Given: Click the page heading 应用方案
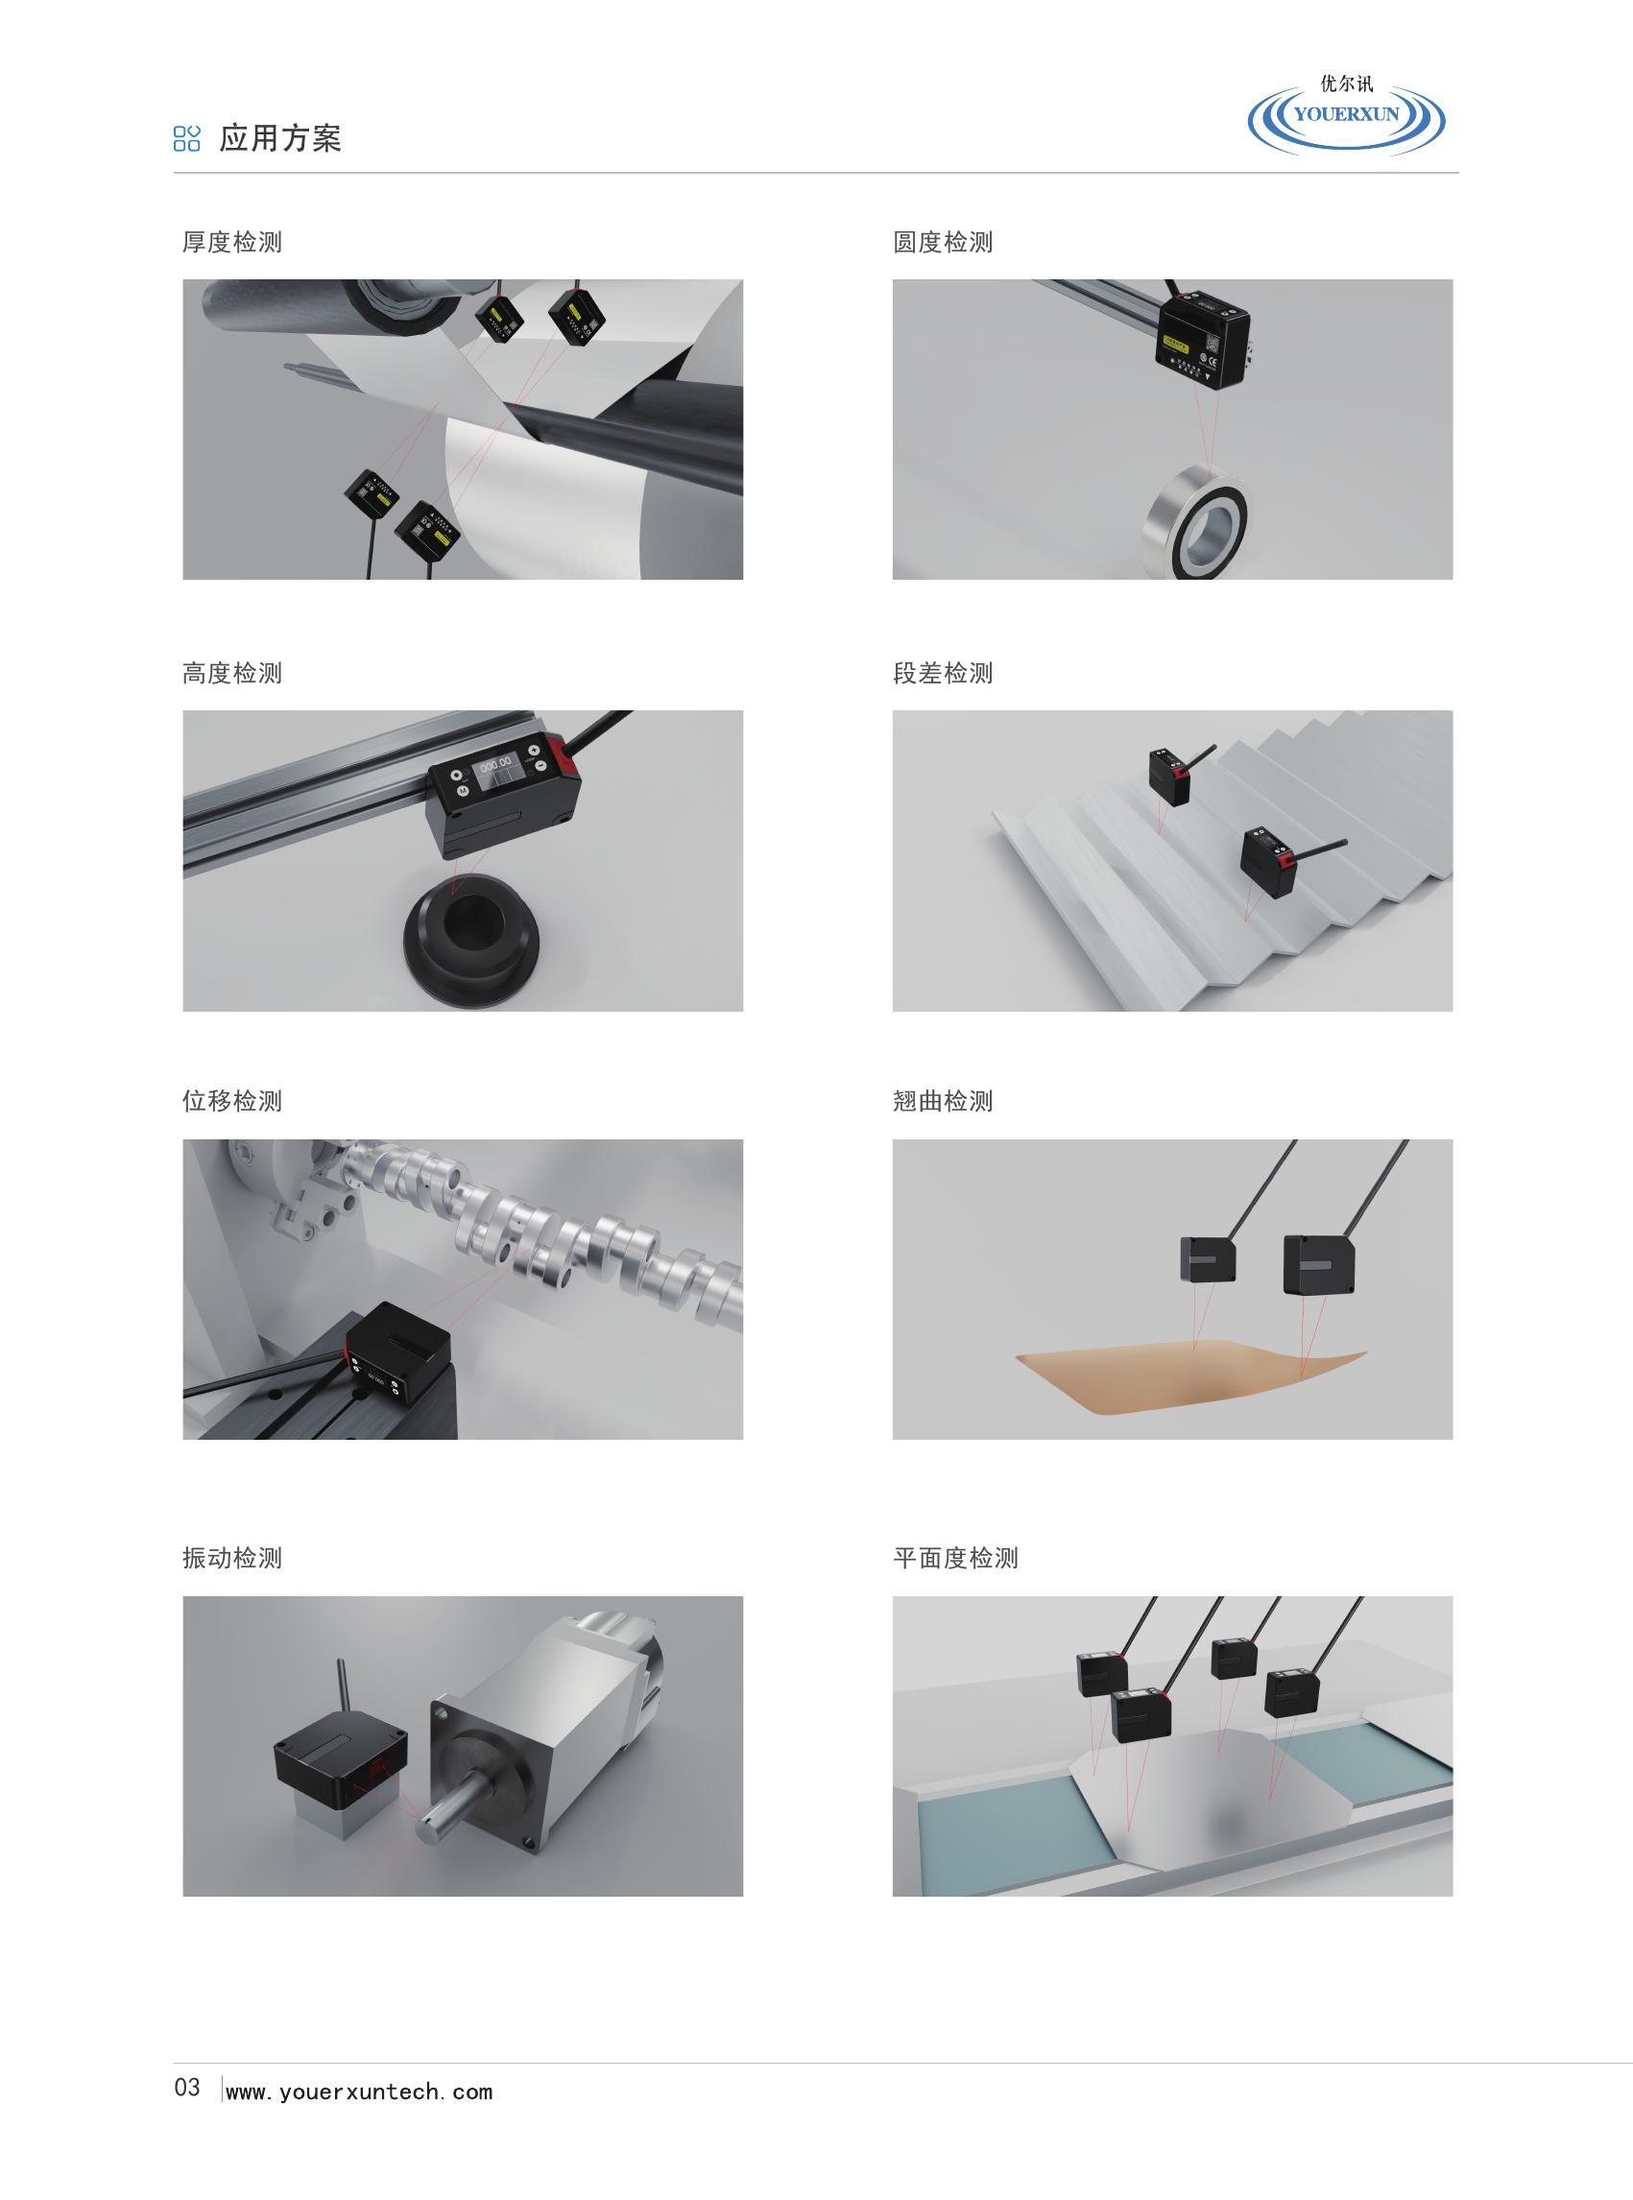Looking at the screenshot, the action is tap(280, 138).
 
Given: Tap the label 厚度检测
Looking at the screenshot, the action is tap(232, 242).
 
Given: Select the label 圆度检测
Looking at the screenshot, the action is tap(943, 242).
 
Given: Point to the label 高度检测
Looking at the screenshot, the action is tap(232, 673).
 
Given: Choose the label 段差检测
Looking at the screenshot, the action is tap(943, 673).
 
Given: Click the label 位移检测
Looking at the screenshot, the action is tap(232, 1101).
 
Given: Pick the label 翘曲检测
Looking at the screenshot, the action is tap(943, 1101).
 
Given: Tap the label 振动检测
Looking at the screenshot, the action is tap(232, 1559).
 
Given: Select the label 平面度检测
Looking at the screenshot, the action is tap(956, 1559).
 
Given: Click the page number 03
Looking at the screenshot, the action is tap(187, 2088).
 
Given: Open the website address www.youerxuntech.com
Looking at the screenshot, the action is tap(359, 2092).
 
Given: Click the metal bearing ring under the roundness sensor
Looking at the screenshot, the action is tap(1194, 521).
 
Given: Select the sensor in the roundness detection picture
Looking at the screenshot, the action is tap(1203, 335).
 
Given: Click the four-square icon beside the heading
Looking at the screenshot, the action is tap(187, 138).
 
